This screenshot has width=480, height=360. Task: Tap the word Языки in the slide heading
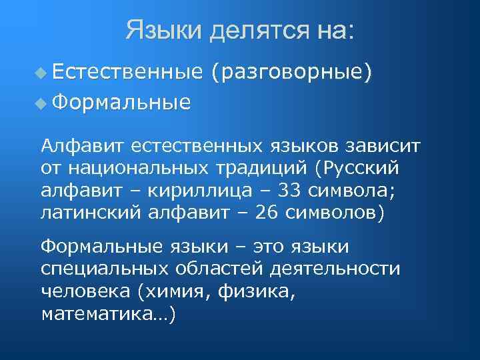[163, 31]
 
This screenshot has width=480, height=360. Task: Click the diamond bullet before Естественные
[43, 72]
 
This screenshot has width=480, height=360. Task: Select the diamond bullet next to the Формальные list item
[43, 103]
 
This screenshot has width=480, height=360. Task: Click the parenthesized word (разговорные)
[291, 72]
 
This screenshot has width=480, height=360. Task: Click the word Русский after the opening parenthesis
[361, 168]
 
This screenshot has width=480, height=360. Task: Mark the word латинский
[88, 213]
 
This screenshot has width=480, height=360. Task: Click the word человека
[83, 291]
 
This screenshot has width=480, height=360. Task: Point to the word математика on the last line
[96, 314]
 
